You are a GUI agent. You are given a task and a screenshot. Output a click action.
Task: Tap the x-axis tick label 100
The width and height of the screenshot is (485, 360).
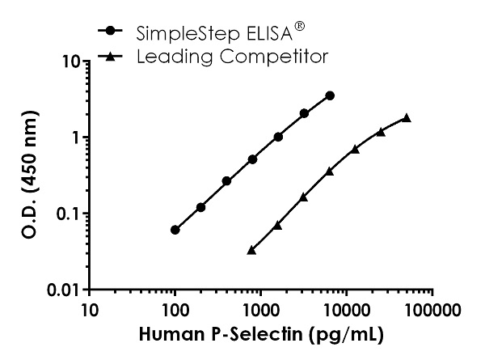pos(175,309)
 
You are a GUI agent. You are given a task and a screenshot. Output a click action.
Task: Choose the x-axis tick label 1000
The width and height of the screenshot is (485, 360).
pos(260,309)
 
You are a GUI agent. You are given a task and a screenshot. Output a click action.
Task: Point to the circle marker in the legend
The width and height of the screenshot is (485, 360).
pos(110,33)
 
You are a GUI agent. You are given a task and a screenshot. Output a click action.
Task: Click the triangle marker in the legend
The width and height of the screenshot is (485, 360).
pos(110,56)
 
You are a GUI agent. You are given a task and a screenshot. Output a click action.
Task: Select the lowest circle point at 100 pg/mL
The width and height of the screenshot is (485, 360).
pos(175,230)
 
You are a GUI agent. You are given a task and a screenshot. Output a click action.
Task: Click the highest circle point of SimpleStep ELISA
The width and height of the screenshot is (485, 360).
pos(330,95)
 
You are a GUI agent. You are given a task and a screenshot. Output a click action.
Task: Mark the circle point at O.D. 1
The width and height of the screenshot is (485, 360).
pos(278,137)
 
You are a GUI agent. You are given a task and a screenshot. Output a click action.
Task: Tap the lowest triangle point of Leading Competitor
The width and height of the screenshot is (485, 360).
pos(252,251)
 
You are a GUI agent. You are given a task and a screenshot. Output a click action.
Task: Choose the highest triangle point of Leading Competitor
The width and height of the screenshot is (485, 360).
pos(407,118)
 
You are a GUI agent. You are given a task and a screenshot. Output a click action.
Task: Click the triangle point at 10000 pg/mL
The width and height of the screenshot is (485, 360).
pos(355,149)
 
